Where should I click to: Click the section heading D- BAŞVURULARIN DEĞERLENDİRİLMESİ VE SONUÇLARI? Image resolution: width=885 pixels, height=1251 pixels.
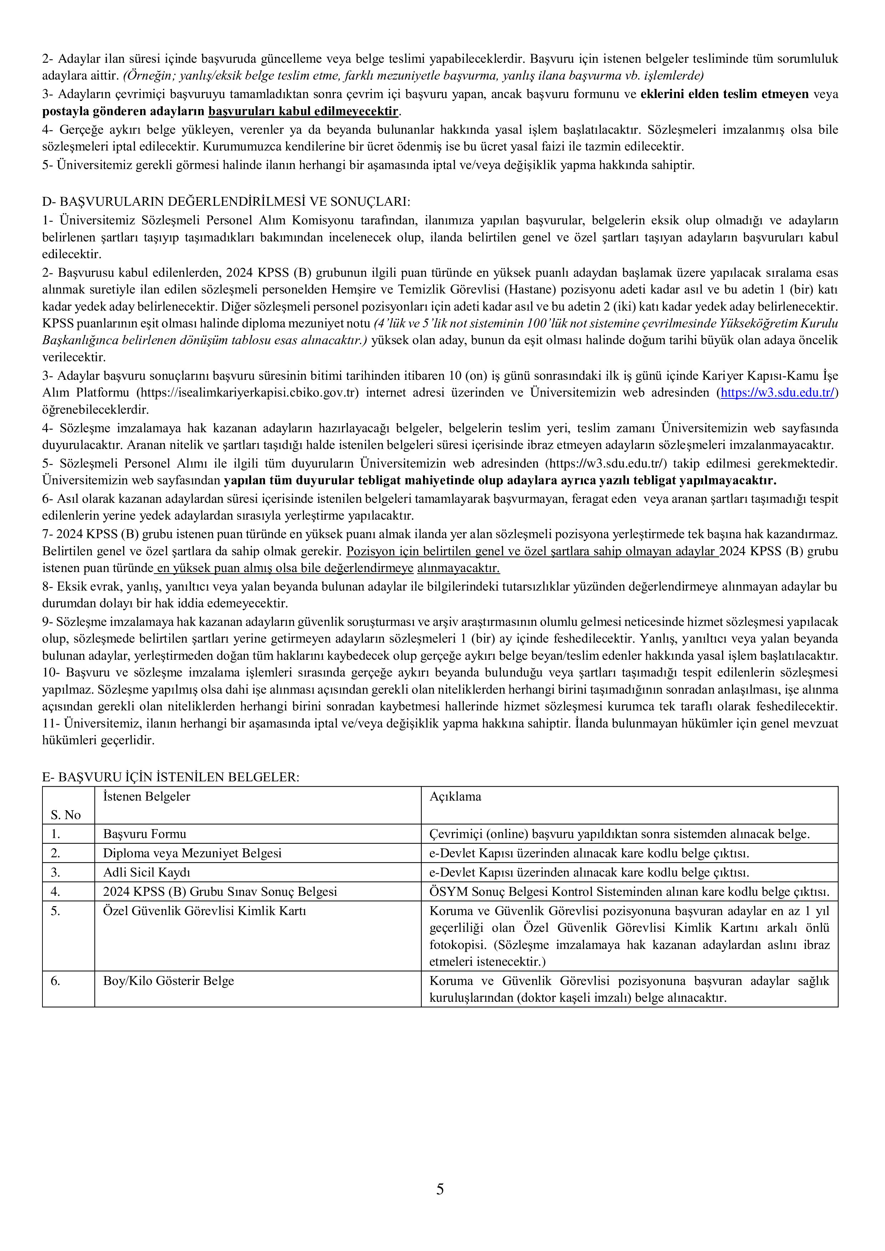226,201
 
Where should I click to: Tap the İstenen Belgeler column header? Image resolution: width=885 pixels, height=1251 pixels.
147,797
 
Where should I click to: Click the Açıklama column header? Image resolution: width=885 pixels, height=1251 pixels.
455,797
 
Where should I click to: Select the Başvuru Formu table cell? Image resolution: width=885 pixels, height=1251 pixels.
144,834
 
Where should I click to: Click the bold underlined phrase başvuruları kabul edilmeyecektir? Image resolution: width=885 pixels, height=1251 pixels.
304,112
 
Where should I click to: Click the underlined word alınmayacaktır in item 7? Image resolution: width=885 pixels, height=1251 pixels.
458,568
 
